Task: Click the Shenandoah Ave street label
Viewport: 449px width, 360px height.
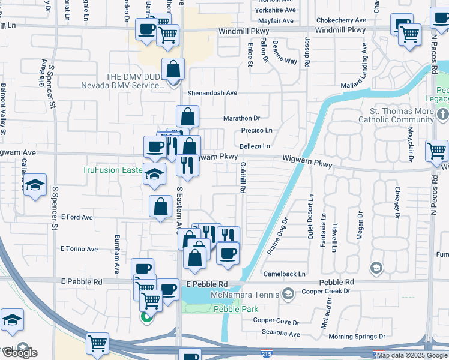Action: tap(212, 93)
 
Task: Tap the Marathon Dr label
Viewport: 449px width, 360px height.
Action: tap(241, 118)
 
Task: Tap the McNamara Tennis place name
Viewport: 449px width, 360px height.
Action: tap(245, 294)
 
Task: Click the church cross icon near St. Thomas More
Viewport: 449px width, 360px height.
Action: tap(442, 114)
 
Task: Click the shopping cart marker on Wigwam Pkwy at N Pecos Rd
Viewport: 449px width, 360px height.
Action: tap(436, 151)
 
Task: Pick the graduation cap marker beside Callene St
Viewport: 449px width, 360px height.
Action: tap(35, 184)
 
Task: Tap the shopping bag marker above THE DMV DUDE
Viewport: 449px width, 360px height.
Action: tap(173, 69)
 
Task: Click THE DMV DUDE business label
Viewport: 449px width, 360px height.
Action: tap(123, 81)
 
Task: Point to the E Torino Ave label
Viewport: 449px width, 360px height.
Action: tap(79, 249)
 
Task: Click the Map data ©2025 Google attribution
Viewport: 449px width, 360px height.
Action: tap(412, 355)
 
